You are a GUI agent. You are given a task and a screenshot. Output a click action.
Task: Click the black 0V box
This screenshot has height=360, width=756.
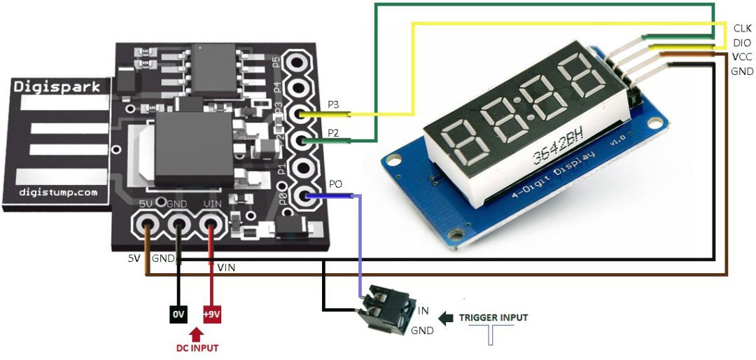click(178, 314)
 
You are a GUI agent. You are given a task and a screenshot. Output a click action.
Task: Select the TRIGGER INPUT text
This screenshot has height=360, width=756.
click(493, 317)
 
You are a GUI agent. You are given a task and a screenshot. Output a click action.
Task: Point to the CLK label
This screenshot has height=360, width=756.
click(742, 29)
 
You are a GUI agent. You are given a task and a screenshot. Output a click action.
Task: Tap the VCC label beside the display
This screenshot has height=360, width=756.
click(742, 57)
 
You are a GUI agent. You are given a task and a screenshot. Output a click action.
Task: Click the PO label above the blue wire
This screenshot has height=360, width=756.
click(336, 184)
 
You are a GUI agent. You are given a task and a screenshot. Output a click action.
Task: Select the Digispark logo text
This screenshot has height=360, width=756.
click(62, 88)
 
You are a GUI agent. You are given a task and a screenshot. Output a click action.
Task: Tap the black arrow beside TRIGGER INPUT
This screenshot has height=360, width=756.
click(445, 318)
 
